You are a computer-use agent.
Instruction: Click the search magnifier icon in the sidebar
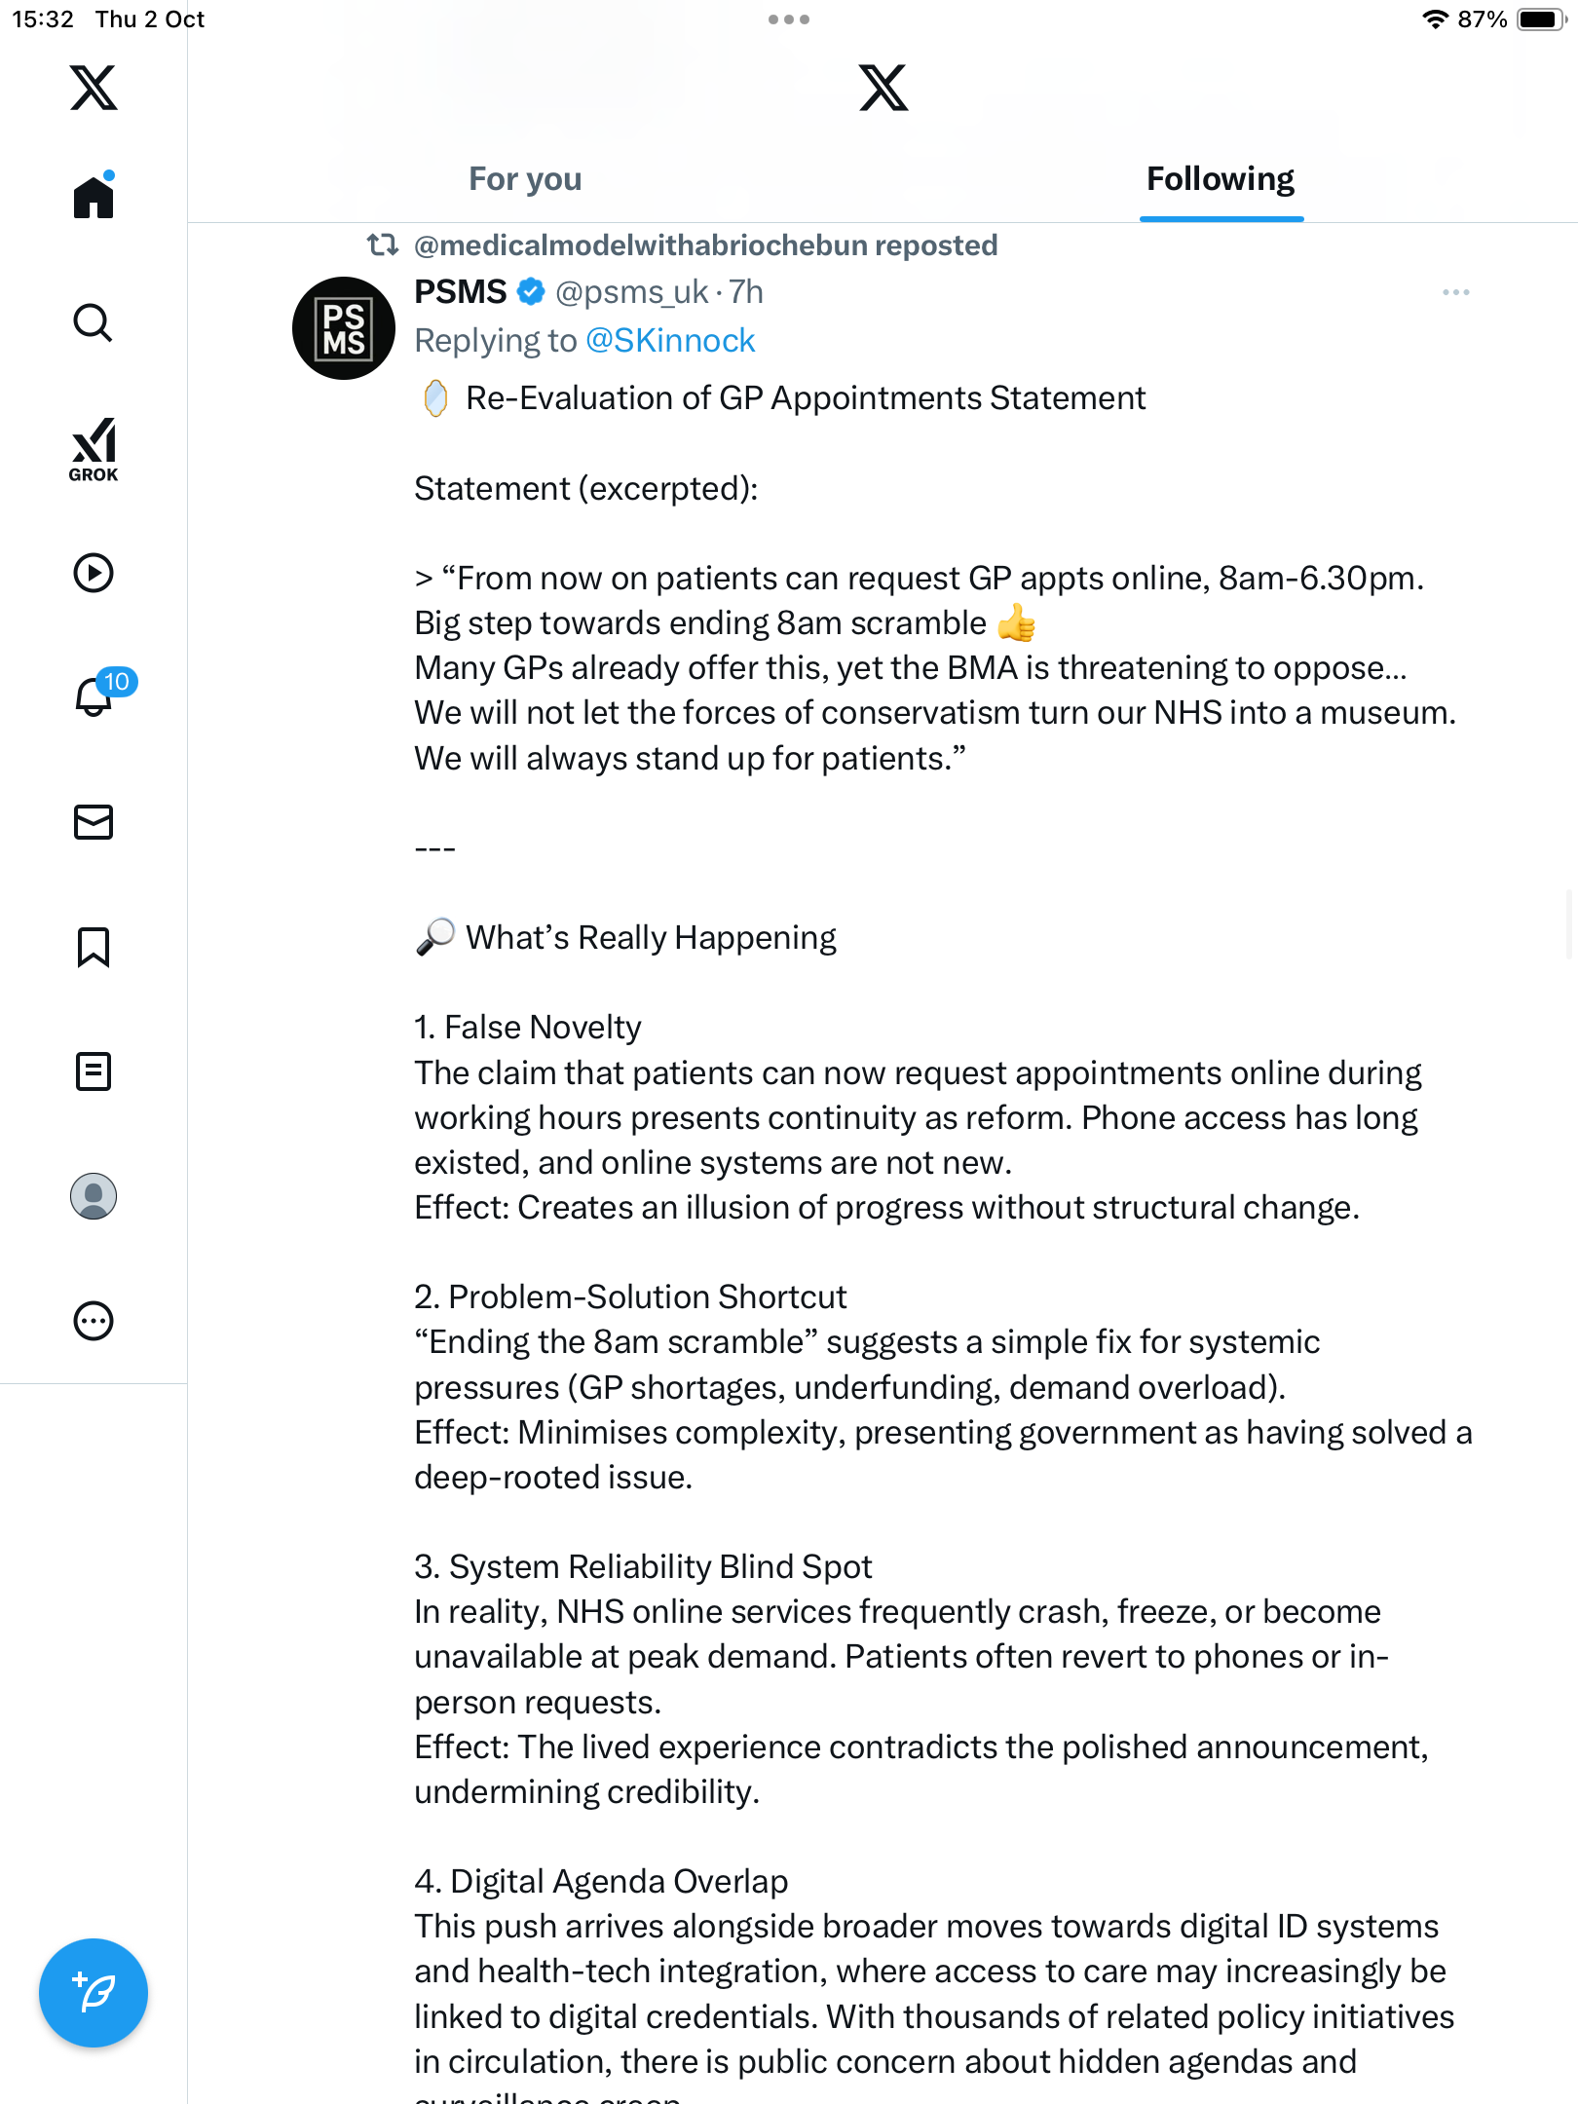click(x=94, y=322)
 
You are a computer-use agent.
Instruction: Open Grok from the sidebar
click(x=94, y=449)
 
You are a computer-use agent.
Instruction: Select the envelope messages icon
click(x=94, y=822)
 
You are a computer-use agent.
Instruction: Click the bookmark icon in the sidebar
click(x=94, y=947)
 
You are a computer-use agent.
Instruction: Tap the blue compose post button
click(x=94, y=1992)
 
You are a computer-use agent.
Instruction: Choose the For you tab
click(x=525, y=179)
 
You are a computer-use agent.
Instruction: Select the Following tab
click(x=1221, y=179)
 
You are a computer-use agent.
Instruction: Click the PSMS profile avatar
click(x=344, y=328)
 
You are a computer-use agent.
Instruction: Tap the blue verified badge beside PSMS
click(x=531, y=291)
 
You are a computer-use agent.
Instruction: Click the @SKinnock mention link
click(x=670, y=340)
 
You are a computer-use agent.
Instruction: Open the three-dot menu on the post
click(x=1455, y=292)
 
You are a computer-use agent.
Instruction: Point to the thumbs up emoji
click(x=1017, y=623)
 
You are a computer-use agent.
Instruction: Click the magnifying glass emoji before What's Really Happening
click(x=434, y=937)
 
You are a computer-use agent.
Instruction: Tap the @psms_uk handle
click(x=631, y=292)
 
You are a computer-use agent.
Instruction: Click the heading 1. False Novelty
click(x=528, y=1028)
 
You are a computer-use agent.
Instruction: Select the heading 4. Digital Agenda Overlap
click(x=601, y=1881)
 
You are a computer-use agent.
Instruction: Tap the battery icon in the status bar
click(x=1541, y=19)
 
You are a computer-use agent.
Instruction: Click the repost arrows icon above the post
click(x=382, y=244)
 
